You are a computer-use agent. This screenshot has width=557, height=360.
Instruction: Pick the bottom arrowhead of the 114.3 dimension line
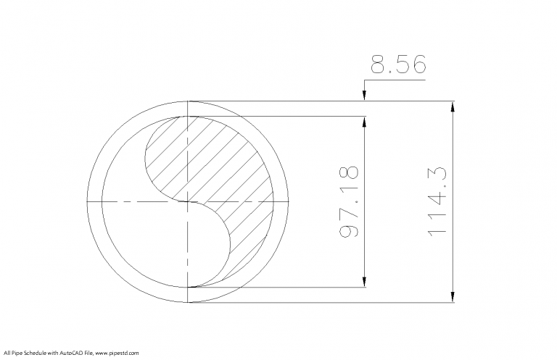pos(453,298)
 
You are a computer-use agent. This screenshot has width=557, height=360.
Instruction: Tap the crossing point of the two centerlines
pos(188,201)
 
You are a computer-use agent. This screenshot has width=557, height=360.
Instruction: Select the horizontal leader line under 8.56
pos(395,80)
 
